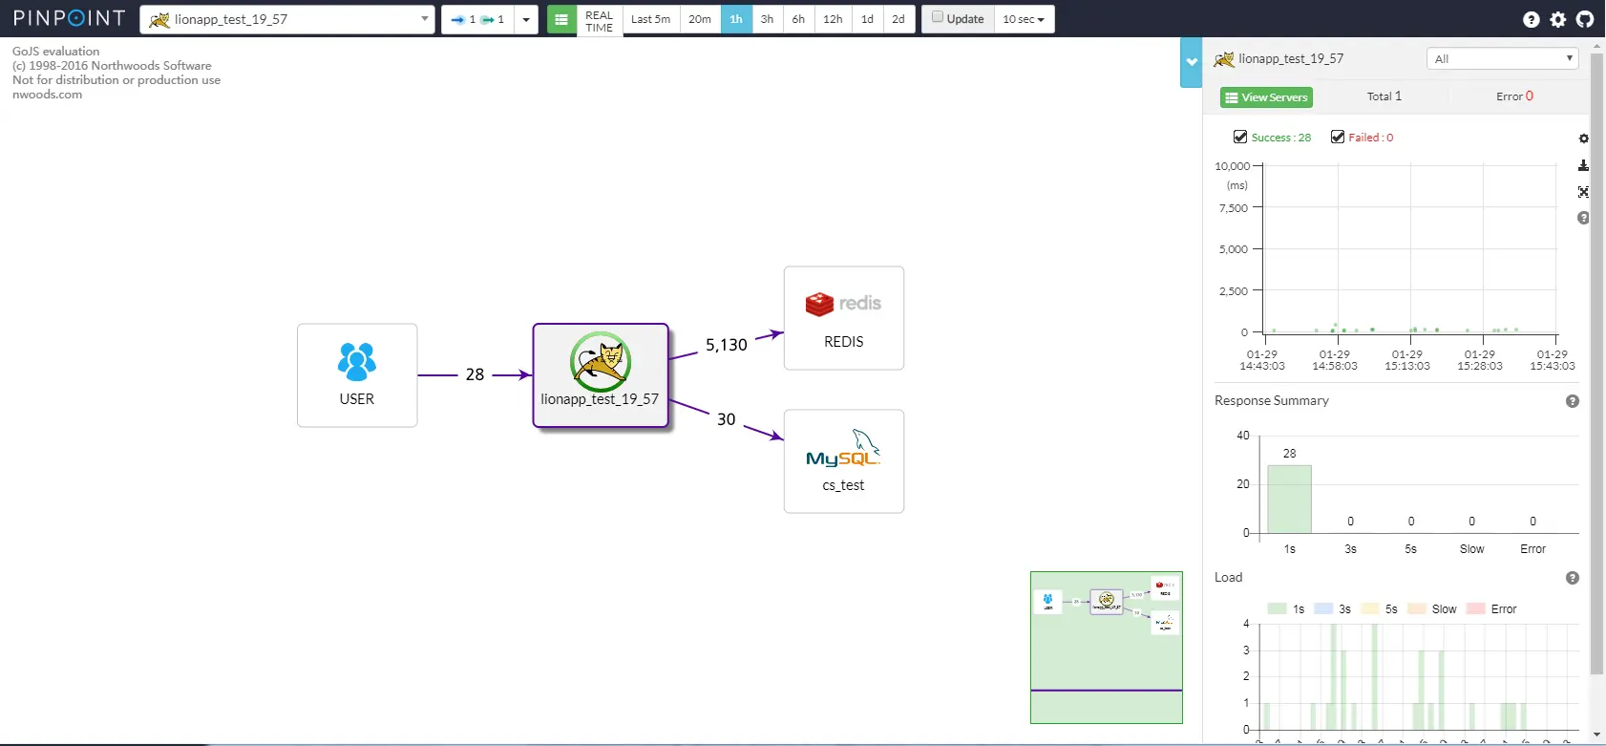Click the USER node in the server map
pos(357,374)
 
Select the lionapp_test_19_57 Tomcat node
pos(600,374)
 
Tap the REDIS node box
pos(843,318)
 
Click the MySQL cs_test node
pos(843,461)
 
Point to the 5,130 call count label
pos(726,345)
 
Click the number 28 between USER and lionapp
pos(475,374)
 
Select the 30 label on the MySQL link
pos(726,419)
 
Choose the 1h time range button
pos(736,19)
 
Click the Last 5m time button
pos(650,19)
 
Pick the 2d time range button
pos(898,19)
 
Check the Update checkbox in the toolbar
pos(938,17)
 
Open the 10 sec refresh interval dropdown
pos(1024,19)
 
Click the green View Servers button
pos(1266,97)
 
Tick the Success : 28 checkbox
pos(1240,138)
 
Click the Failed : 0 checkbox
pos(1338,138)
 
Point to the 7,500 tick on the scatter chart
pos(1234,207)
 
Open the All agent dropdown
pos(1502,59)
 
